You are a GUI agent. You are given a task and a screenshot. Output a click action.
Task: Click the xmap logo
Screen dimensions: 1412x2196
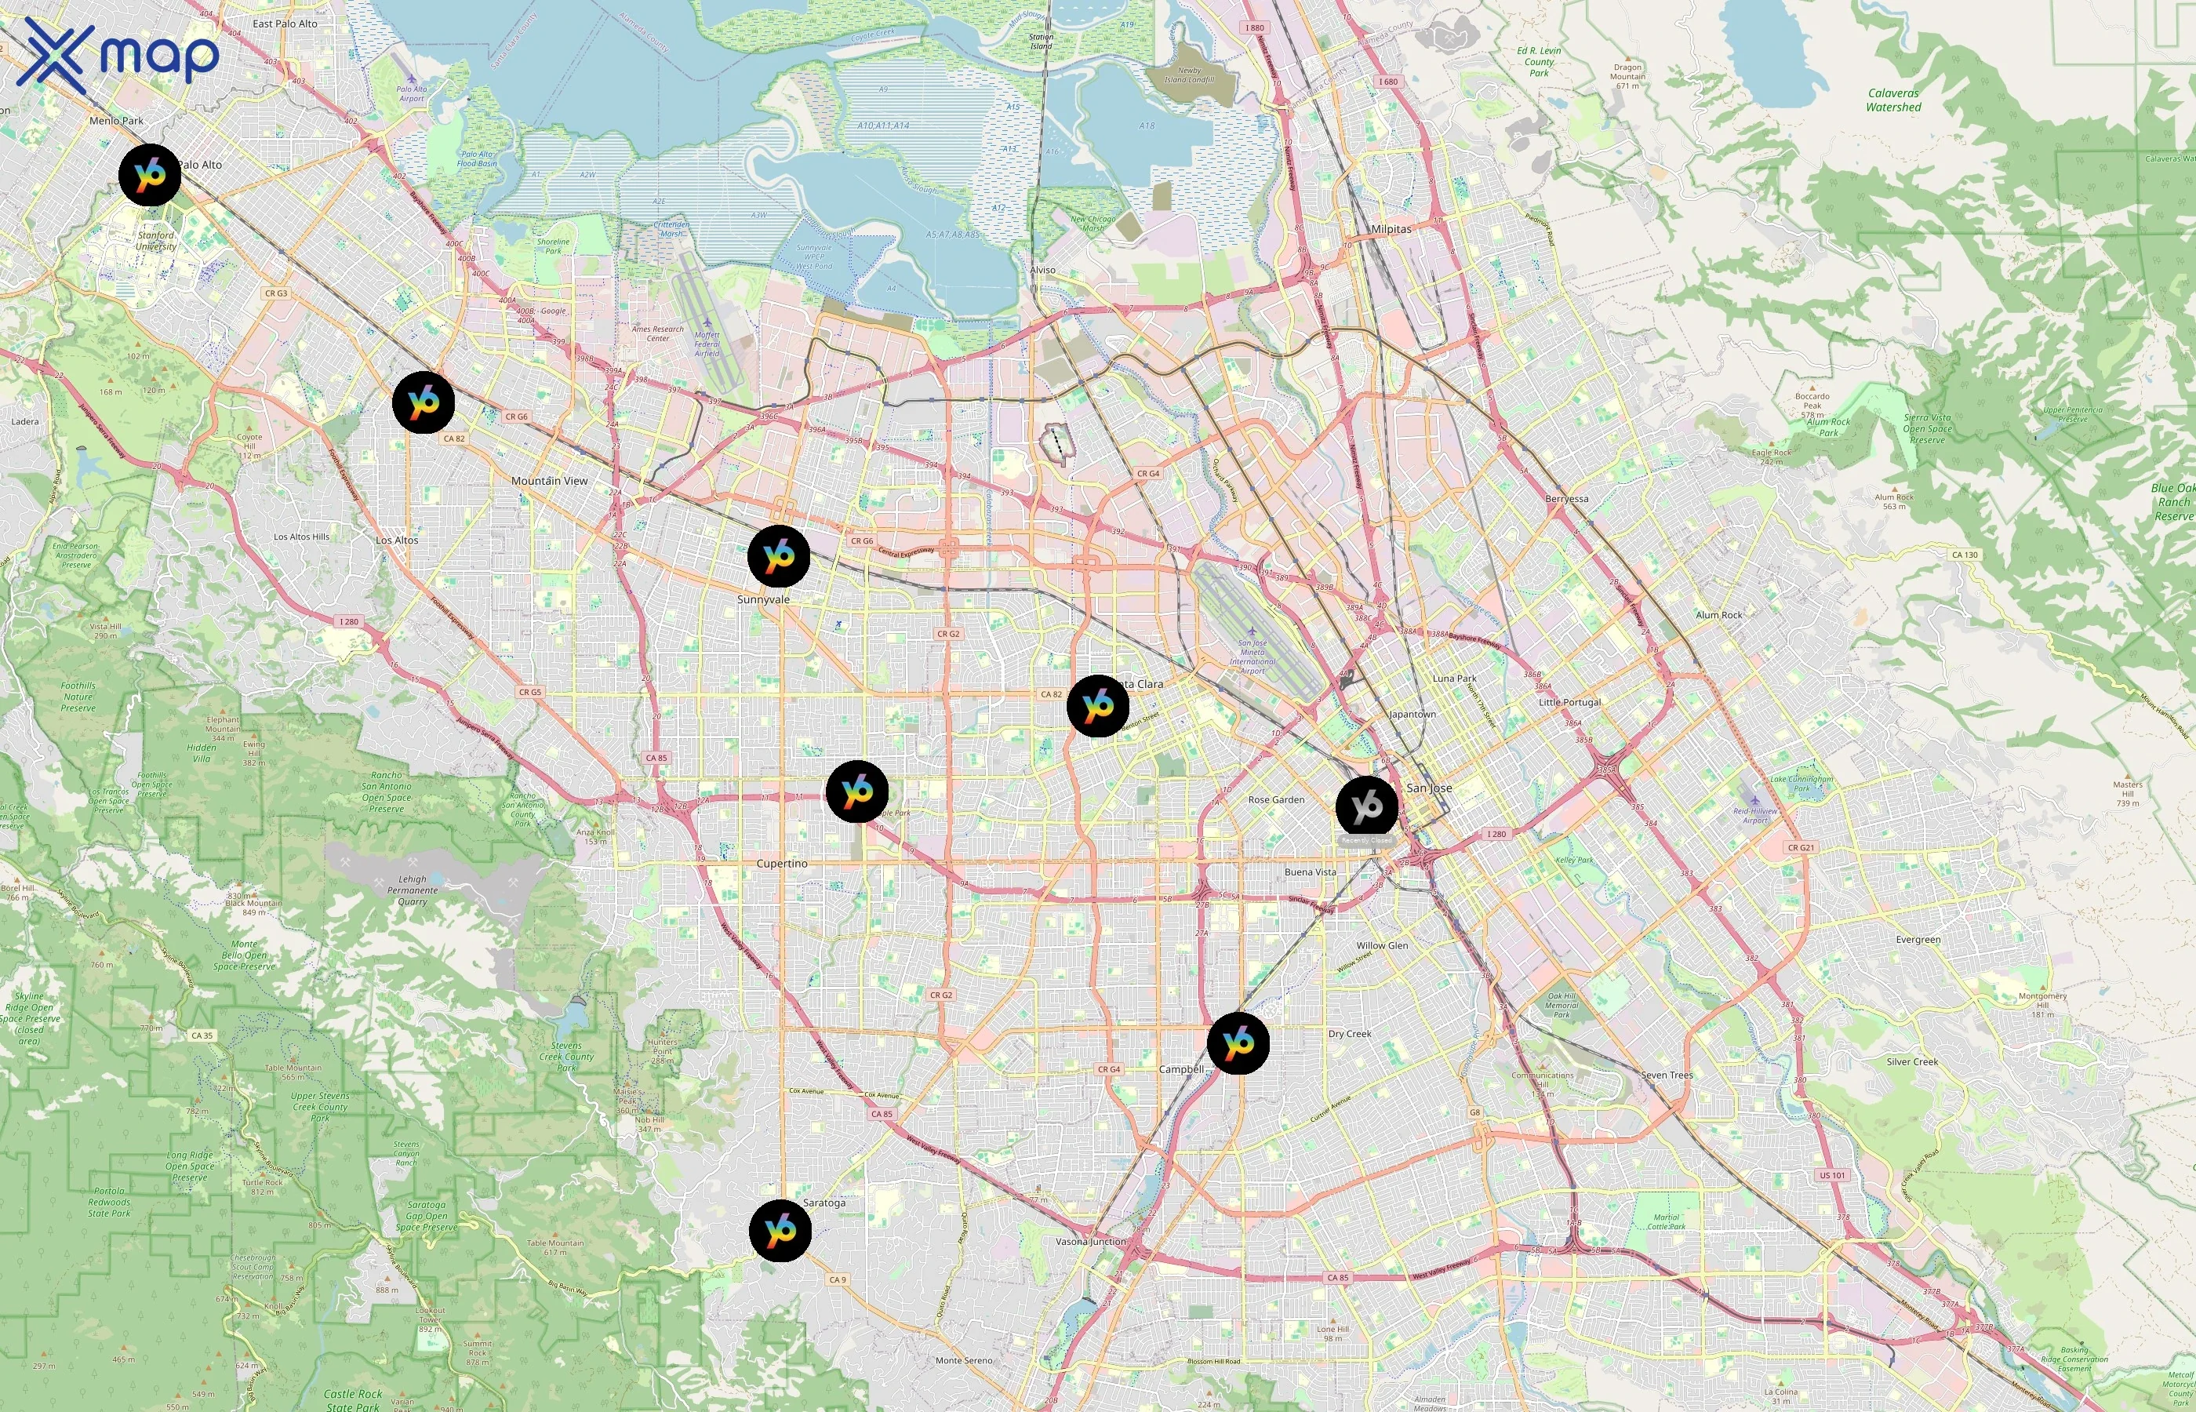point(118,55)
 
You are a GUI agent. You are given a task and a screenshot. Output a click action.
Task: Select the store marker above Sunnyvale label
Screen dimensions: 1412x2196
point(779,555)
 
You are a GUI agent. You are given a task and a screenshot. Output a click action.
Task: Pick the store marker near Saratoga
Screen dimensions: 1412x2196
point(780,1231)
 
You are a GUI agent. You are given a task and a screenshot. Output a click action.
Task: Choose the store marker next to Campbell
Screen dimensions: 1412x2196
point(1238,1043)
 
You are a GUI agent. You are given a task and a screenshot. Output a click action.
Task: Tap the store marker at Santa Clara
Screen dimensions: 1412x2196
point(1098,706)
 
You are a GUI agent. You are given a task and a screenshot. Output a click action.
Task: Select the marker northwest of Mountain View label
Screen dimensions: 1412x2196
point(424,402)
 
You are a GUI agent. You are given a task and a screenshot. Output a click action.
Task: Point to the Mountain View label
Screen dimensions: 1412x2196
point(549,480)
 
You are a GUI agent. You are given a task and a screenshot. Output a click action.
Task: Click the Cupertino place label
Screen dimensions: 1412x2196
point(782,864)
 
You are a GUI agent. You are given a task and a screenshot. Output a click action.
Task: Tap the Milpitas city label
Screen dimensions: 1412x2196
point(1391,229)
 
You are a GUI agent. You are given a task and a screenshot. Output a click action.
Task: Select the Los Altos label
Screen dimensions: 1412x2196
point(397,540)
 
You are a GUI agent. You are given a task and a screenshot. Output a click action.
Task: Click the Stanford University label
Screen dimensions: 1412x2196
point(156,240)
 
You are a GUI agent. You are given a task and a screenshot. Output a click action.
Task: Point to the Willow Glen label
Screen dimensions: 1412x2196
point(1382,945)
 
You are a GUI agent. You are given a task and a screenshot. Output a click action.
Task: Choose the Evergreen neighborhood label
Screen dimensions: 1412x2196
point(1918,940)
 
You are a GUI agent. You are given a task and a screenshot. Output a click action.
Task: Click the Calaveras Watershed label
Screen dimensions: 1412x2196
point(1893,100)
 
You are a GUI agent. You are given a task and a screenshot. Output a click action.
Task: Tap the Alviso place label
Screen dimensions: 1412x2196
point(1042,271)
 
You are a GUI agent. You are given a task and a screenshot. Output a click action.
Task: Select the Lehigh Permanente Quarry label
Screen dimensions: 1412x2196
point(413,890)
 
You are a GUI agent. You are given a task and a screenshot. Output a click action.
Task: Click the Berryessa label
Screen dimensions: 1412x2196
point(1566,499)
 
